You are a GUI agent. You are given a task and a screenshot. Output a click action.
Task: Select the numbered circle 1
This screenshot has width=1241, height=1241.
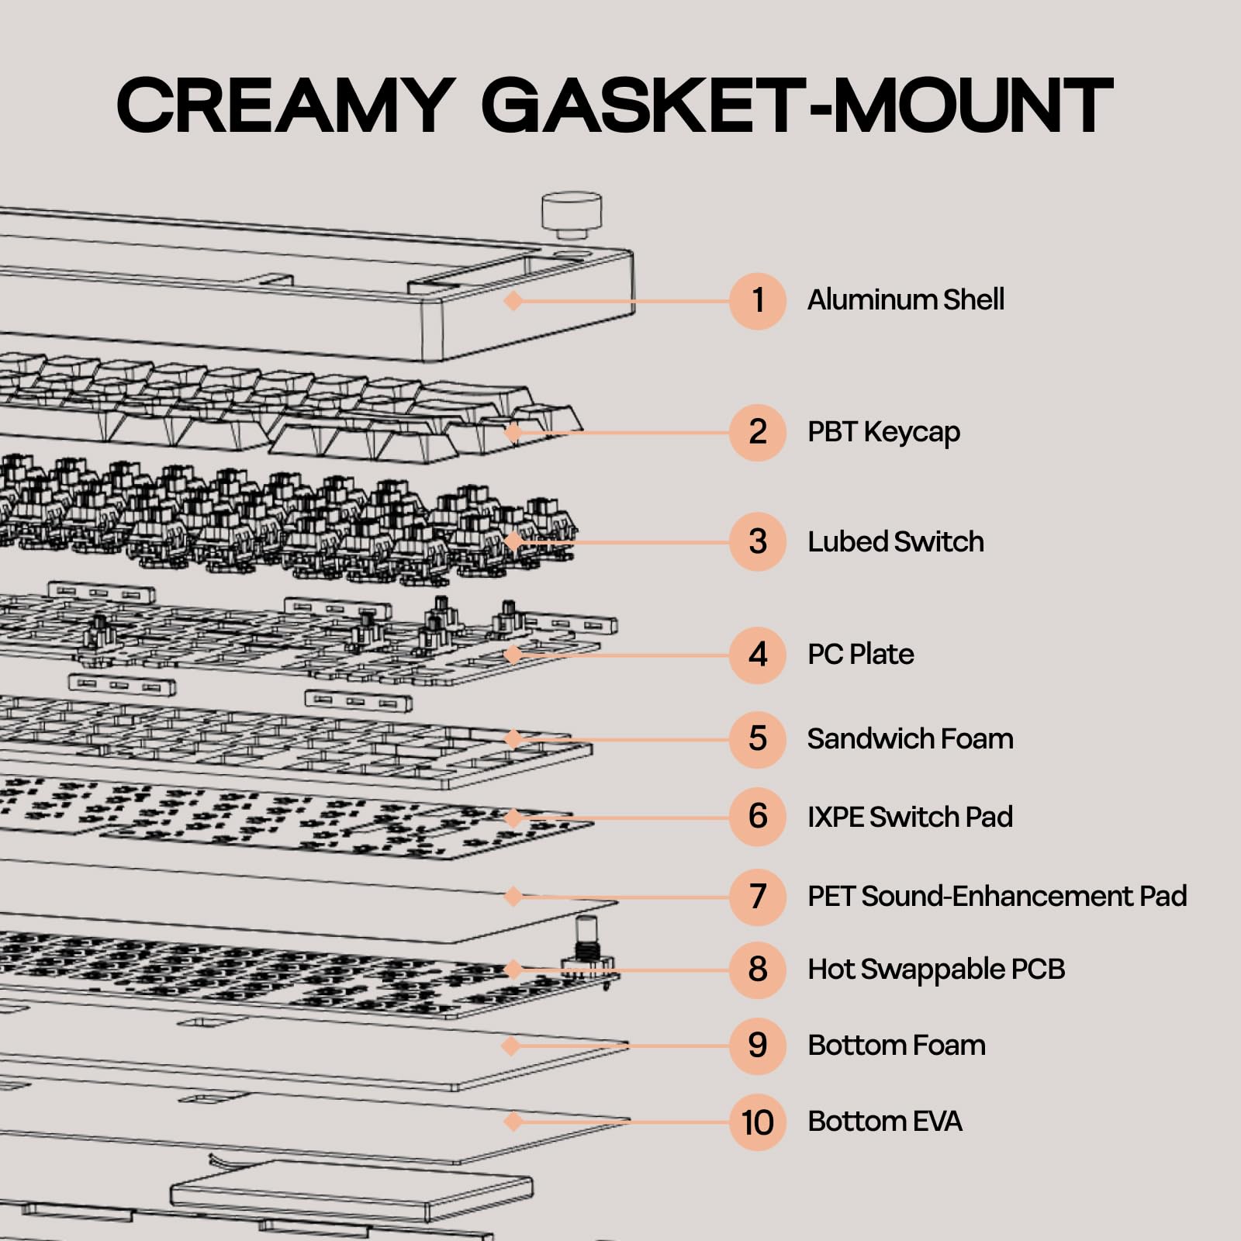tap(758, 301)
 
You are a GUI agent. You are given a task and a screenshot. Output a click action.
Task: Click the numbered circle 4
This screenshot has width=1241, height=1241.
tap(758, 655)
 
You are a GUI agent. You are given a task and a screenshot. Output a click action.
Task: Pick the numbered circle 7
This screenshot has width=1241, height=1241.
tap(758, 897)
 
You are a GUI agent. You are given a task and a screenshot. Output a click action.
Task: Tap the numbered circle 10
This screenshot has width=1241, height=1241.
tap(758, 1122)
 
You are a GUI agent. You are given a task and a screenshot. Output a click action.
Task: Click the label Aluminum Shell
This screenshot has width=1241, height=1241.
tap(905, 299)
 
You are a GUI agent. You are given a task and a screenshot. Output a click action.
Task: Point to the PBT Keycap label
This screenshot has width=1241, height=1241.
tap(883, 432)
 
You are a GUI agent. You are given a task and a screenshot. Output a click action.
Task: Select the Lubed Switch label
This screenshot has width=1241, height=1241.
tap(895, 541)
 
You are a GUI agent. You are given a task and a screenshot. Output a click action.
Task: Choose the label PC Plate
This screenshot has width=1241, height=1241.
tap(860, 655)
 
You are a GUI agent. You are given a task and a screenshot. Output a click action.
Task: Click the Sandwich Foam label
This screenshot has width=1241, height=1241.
tap(910, 738)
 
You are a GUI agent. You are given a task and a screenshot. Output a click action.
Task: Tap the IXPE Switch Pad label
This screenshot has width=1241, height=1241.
tap(910, 817)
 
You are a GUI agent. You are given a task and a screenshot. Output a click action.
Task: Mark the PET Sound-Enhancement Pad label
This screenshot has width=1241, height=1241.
tap(997, 896)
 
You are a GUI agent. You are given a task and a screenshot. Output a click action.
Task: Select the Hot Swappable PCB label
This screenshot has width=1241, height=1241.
tap(936, 969)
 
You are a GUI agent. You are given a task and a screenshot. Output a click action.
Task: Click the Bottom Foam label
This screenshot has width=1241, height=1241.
tap(896, 1045)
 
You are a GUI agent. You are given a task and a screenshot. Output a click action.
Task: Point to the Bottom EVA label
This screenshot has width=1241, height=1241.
tap(884, 1121)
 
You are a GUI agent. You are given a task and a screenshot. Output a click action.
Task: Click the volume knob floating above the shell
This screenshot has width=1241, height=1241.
tap(572, 213)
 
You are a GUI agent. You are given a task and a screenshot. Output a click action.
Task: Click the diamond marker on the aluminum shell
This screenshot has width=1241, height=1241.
tap(513, 300)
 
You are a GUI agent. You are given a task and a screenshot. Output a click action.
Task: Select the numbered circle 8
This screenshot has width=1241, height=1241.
tap(758, 970)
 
